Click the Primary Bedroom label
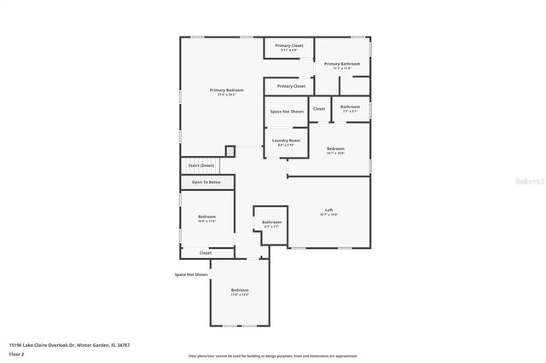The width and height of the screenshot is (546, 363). pos(227,90)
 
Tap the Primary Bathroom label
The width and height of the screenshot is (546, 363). pos(341,64)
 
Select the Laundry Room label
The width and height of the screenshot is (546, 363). pos(286,141)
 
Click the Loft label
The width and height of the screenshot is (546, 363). pos(328,210)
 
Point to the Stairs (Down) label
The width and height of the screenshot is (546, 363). pos(201,165)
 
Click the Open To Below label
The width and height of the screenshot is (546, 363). pos(206,182)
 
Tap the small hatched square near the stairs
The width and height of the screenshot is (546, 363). pos(229,151)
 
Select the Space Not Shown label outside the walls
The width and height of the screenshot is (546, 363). pos(191,274)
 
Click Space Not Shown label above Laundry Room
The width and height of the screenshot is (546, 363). pos(287,112)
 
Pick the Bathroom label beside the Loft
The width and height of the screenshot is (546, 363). pos(272,222)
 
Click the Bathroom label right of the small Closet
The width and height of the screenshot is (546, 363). pos(351,107)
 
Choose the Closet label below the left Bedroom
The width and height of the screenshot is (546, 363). pos(206,253)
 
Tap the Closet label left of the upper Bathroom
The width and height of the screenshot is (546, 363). pos(318,109)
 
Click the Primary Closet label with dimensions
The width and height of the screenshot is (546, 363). pos(289,46)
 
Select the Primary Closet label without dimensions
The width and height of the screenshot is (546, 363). pos(289,86)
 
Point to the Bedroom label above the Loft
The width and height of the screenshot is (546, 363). pos(335,149)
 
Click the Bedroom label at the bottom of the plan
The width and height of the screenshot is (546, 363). pos(240,291)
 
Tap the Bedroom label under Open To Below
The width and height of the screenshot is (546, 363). pos(206,217)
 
